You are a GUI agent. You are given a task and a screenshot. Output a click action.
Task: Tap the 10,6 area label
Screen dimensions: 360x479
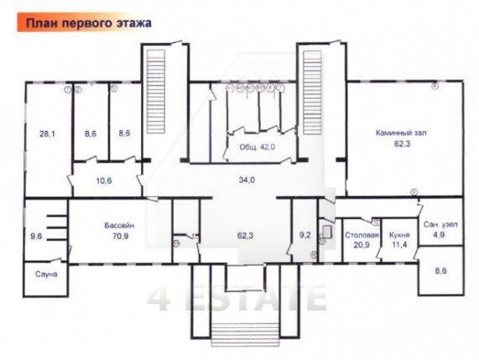(x=103, y=179)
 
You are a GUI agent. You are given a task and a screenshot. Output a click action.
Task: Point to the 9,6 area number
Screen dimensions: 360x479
(x=35, y=237)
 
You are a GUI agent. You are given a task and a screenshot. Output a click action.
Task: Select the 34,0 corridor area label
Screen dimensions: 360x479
(x=247, y=179)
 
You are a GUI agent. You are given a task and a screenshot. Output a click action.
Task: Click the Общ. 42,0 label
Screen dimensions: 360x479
(x=258, y=146)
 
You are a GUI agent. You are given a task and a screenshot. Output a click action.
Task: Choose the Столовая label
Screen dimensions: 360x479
(x=362, y=236)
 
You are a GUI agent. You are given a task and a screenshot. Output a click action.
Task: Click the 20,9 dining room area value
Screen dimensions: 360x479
(x=362, y=246)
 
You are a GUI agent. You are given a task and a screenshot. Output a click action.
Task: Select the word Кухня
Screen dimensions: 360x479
(x=399, y=236)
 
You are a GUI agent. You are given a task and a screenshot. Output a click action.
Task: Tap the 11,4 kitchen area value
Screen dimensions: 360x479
(x=399, y=246)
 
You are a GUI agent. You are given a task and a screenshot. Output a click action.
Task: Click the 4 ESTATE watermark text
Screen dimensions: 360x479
(x=237, y=297)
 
